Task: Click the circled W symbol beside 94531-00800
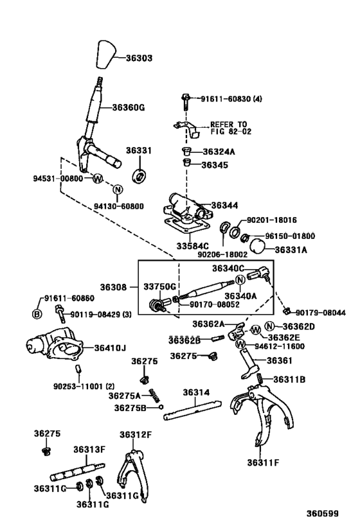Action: tap(97, 178)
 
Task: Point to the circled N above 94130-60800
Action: tap(117, 189)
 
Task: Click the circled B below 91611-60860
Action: tap(37, 313)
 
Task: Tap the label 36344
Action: tap(224, 205)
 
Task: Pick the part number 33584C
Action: tap(194, 245)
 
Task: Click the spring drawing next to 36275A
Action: tap(153, 394)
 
